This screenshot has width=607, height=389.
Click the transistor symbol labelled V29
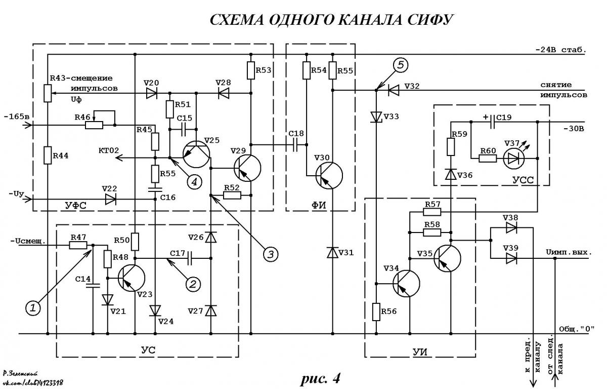pos(247,168)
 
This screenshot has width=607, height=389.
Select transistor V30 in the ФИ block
pos(329,176)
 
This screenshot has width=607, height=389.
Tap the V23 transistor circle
pos(132,278)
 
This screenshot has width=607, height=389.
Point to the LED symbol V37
pos(514,159)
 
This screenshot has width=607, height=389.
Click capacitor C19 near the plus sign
pos(493,122)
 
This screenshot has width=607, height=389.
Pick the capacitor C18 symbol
pos(295,145)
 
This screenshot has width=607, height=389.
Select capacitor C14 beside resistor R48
pos(93,285)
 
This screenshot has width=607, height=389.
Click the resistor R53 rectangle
pos(251,70)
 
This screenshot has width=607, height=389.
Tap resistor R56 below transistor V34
pos(376,312)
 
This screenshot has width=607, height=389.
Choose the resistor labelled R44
pos(48,155)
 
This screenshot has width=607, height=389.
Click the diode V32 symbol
pos(394,90)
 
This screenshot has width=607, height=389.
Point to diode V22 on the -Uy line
pos(111,200)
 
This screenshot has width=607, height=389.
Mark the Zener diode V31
pos(332,252)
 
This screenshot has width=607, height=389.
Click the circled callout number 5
pos(401,65)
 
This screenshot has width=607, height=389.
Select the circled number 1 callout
pos(33,308)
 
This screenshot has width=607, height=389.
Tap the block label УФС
pos(75,206)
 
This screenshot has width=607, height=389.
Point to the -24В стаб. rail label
pos(560,50)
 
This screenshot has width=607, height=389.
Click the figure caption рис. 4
pos(320,378)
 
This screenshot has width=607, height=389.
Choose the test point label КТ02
pos(109,150)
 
